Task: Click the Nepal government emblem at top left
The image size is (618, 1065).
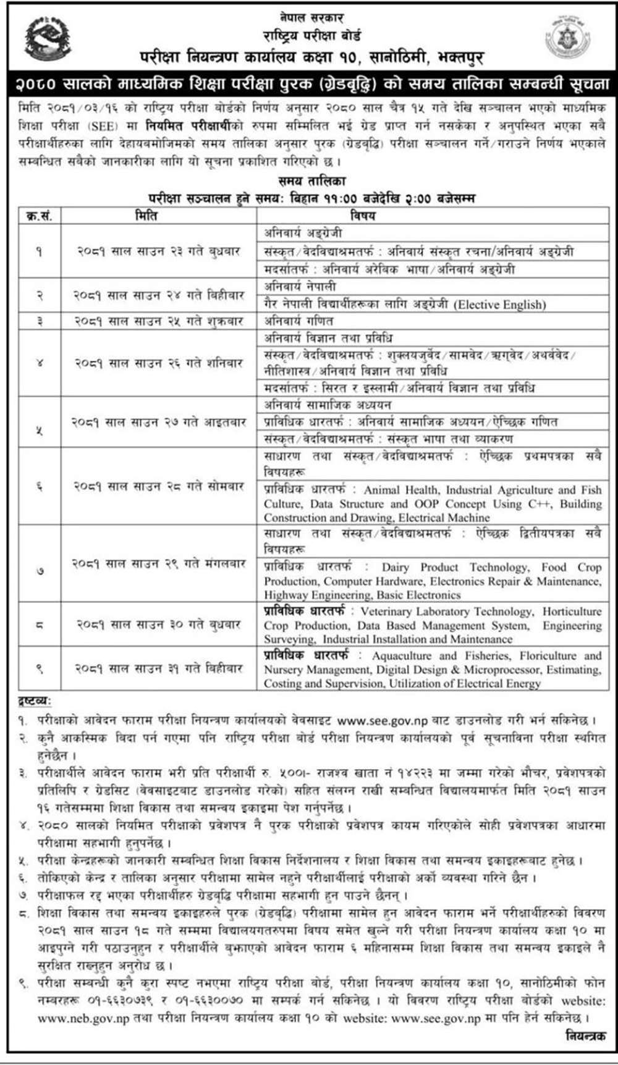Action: click(48, 38)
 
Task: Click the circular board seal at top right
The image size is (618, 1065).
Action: click(567, 38)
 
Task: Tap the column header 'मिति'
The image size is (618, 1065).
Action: click(146, 216)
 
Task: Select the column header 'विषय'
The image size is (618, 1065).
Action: click(362, 216)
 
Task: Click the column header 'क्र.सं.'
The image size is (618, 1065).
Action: click(39, 216)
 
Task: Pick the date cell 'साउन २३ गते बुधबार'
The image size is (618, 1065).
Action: click(159, 251)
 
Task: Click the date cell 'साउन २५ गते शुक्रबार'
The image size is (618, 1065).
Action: click(159, 321)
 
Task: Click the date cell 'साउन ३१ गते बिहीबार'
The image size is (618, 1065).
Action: click(159, 668)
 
